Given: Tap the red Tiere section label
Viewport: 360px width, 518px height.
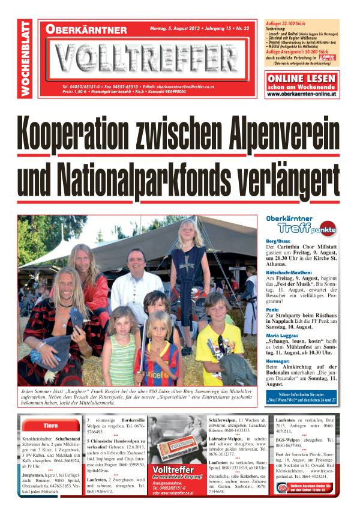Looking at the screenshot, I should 50,426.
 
